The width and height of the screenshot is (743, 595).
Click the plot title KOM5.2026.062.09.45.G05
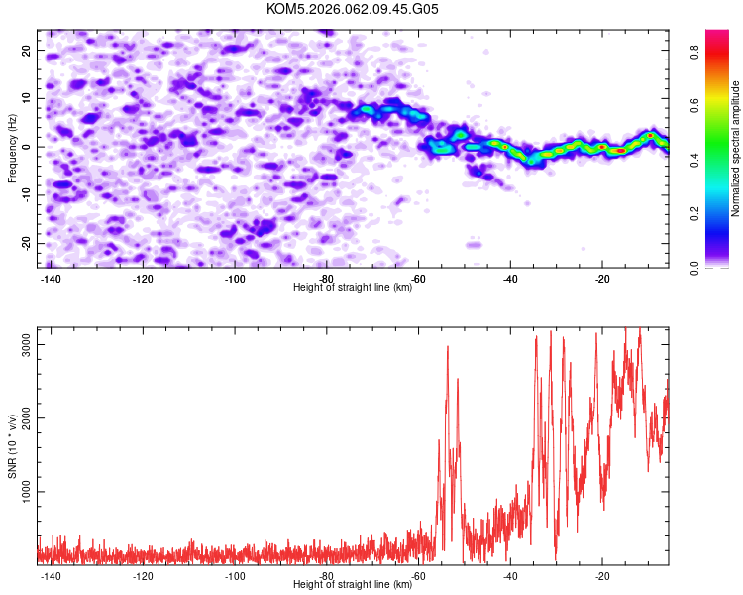[353, 9]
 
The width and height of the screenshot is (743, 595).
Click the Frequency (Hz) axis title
[13, 148]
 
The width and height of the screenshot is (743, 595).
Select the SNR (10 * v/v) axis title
[13, 445]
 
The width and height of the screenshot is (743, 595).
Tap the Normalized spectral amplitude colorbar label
[735, 149]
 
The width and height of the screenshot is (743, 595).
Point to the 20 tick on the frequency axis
[27, 50]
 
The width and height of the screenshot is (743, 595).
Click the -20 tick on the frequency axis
[25, 243]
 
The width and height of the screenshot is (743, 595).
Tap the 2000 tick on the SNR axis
[21, 417]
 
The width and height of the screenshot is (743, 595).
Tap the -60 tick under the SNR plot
[417, 576]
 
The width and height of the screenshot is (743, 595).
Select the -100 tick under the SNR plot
[235, 576]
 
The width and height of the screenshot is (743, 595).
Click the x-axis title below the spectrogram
[353, 288]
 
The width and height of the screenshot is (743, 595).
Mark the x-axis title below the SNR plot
[353, 585]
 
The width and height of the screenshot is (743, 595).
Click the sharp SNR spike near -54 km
[448, 347]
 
